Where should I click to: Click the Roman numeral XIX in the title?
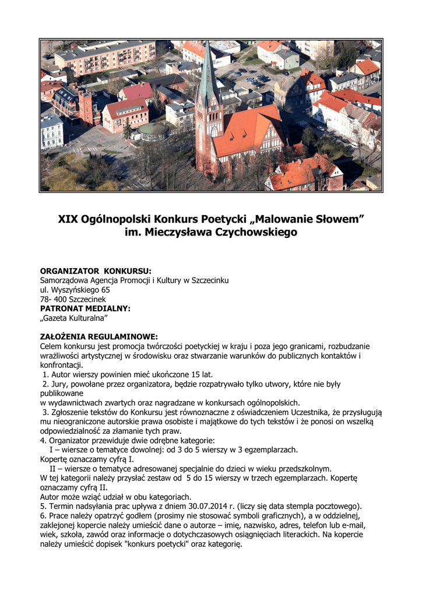click(x=68, y=220)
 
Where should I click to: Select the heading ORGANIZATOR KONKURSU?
click(x=95, y=271)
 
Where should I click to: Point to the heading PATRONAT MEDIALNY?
click(x=85, y=308)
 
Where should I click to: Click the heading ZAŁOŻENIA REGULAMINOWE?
click(x=99, y=336)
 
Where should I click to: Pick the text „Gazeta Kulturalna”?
click(x=74, y=318)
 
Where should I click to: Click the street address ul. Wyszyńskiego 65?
click(x=75, y=289)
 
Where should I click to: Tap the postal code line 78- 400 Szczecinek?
click(x=73, y=298)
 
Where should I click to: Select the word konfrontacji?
click(x=62, y=365)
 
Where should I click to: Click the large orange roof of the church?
click(x=245, y=132)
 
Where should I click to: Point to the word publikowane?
click(x=62, y=394)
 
